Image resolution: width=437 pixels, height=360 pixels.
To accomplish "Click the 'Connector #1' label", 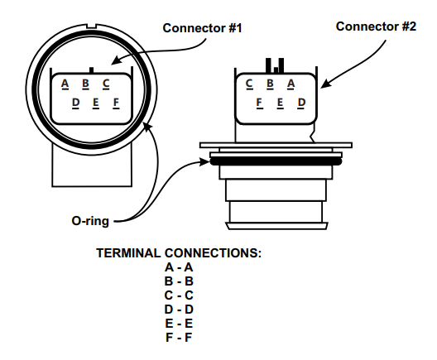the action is click(202, 28).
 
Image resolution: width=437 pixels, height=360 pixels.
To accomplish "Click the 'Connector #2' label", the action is click(376, 26).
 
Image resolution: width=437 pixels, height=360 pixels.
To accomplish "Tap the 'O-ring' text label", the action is click(90, 221).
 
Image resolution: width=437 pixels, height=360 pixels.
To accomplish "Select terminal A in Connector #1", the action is click(65, 84).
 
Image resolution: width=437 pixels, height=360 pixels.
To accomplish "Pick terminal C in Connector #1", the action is click(106, 84).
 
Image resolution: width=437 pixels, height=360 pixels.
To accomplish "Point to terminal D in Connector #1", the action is click(75, 103).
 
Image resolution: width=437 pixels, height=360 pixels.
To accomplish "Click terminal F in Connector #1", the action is click(116, 103).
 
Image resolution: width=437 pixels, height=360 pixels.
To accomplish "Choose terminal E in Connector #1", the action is click(96, 103).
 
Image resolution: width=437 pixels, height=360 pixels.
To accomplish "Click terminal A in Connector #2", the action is click(291, 84).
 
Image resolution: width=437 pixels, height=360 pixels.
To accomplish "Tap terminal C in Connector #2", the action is click(249, 84).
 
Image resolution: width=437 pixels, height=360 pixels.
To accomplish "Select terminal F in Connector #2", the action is click(259, 103).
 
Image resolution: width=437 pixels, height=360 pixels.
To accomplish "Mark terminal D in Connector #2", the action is click(301, 103).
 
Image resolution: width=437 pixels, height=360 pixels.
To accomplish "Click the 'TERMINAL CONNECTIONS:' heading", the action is click(179, 253).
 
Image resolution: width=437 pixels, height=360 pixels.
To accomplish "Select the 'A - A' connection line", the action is click(179, 267).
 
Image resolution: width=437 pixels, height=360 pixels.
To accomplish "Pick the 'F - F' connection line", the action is click(179, 338).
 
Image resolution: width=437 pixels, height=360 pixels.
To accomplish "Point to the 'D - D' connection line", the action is click(179, 310).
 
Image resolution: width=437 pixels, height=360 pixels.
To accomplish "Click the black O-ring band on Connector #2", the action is click(276, 161).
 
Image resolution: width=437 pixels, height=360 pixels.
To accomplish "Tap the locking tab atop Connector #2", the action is click(275, 65).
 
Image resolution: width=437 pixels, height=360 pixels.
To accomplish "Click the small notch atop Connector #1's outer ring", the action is click(91, 26).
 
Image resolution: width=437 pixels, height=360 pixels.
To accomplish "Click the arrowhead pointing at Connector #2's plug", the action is click(325, 84).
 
